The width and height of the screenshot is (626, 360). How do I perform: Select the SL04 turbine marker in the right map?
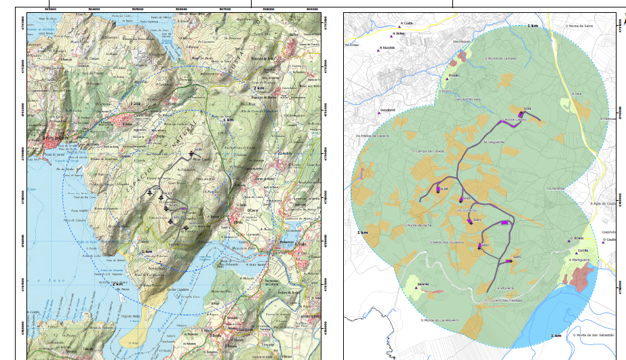pyautogui.click(x=439, y=191)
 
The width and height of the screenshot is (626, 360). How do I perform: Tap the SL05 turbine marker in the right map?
pyautogui.click(x=509, y=260)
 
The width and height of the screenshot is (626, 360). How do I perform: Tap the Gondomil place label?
pyautogui.click(x=387, y=110)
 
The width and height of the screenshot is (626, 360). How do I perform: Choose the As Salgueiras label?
pyautogui.click(x=494, y=142)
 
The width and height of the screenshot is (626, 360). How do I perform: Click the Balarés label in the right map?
pyautogui.click(x=423, y=283)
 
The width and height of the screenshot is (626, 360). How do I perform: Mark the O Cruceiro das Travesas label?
pyautogui.click(x=503, y=300)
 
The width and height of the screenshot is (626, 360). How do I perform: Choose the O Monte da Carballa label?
pyautogui.click(x=501, y=58)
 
